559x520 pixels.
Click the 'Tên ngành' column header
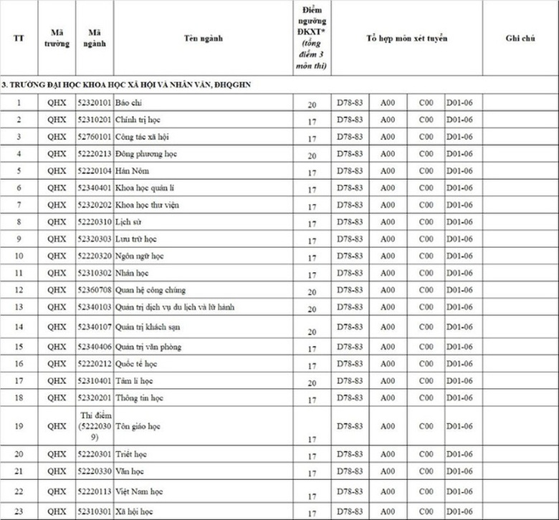(x=203, y=38)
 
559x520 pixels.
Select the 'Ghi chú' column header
(x=520, y=38)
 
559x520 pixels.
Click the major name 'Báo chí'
(x=128, y=102)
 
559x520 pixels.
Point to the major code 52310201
(x=95, y=120)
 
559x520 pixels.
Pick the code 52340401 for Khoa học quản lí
(x=95, y=188)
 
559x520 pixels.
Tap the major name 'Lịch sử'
(x=128, y=222)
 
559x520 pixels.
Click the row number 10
(x=19, y=256)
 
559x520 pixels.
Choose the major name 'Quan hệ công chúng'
(x=150, y=290)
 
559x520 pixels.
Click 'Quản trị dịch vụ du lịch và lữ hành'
(x=175, y=307)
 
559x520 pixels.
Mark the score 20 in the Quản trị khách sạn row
(x=312, y=332)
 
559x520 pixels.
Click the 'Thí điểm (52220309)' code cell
(x=95, y=425)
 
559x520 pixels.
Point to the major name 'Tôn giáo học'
(x=138, y=426)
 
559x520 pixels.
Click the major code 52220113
(x=95, y=491)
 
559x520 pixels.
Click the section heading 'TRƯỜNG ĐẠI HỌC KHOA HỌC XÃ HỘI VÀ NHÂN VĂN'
(x=129, y=85)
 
